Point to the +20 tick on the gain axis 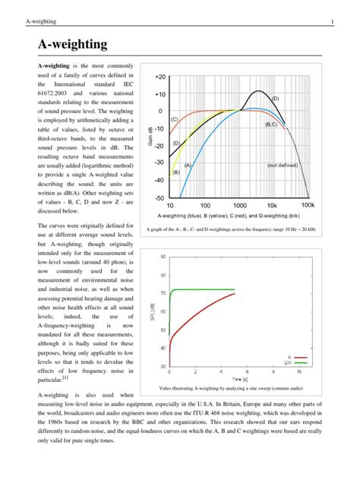(159, 77)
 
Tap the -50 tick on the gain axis (159, 197)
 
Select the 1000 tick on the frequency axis (239, 206)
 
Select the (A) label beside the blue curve (187, 165)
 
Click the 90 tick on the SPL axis (163, 256)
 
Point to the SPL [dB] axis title (154, 311)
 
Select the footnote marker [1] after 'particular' (66, 376)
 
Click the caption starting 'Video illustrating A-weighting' (239, 387)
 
